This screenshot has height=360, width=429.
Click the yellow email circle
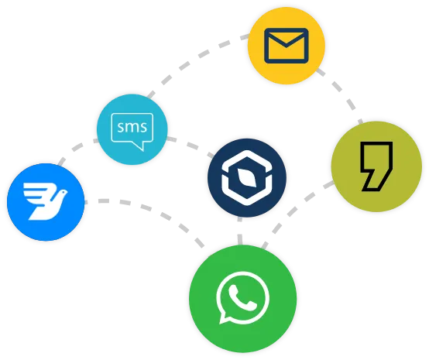287,46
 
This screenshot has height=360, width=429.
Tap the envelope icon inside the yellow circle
287,46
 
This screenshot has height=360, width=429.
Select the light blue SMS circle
132,129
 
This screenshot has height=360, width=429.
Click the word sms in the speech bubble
132,127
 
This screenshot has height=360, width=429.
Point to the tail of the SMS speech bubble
140,146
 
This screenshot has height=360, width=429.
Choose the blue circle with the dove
46,202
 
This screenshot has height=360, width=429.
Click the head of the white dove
63,193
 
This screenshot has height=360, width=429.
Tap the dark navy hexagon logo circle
247,178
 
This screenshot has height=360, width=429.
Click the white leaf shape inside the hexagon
247,178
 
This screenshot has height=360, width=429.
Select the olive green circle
376,166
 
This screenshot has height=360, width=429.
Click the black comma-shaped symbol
376,166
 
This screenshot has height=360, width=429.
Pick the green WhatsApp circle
243,299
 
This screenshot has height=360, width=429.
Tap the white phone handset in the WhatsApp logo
241,297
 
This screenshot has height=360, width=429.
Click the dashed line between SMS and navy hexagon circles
191,145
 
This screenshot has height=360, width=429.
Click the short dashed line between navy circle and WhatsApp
240,231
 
